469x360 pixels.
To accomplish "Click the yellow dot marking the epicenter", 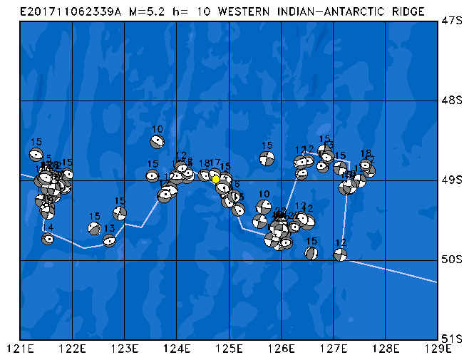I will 216,179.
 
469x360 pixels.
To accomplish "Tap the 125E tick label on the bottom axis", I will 229,349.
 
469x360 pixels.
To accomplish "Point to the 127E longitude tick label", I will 333,349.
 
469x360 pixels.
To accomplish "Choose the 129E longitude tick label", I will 437,349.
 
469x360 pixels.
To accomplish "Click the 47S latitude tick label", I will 451,21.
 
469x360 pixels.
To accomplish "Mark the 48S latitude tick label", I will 451,101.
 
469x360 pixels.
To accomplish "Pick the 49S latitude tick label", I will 451,180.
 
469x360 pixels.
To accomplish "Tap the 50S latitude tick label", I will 451,259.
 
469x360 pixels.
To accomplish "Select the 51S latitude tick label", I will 451,339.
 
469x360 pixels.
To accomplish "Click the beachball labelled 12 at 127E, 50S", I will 340,254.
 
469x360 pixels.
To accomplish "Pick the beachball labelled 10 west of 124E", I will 157,141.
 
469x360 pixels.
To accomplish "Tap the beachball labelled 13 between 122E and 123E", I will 109,240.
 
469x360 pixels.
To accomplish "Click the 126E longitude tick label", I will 281,349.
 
